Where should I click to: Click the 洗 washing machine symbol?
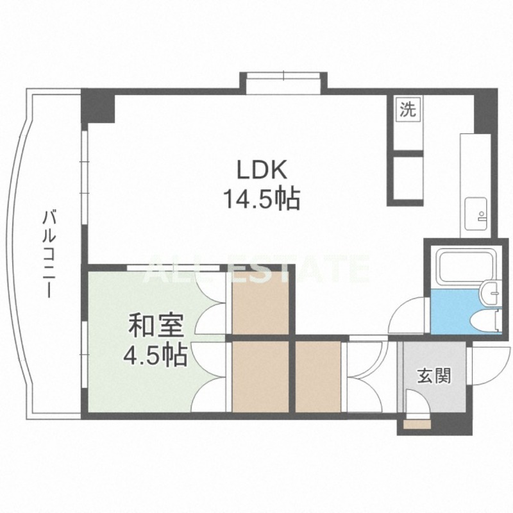[408, 109]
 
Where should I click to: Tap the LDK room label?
[262, 170]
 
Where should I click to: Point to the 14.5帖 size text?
[262, 199]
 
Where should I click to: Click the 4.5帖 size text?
[155, 355]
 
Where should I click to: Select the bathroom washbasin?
[490, 292]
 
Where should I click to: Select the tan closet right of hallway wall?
[318, 376]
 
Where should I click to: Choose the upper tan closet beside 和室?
[260, 303]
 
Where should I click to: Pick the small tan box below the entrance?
[417, 425]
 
